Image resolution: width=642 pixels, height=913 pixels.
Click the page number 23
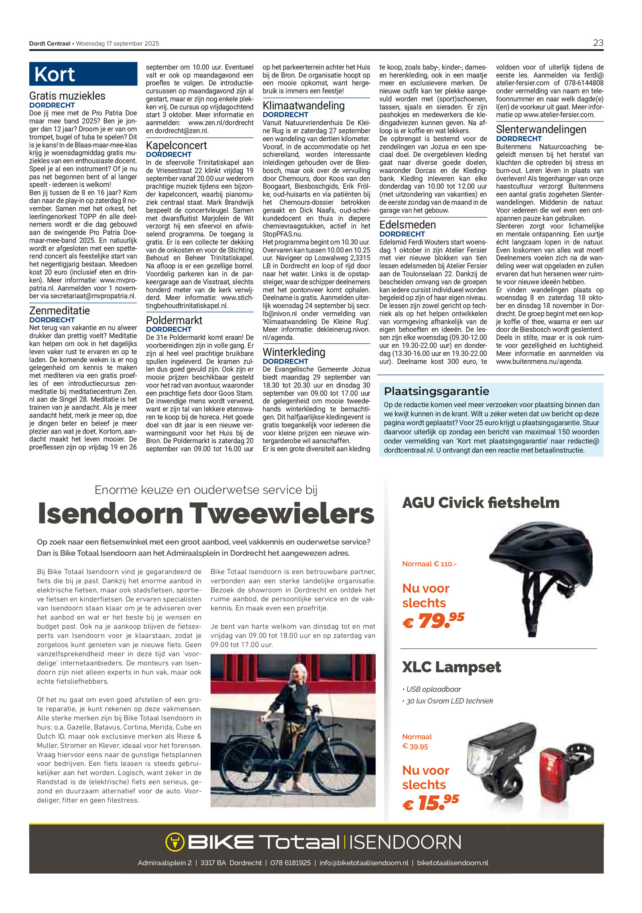597,43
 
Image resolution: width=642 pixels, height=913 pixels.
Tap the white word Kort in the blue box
55,74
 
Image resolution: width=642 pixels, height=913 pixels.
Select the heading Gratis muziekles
67,96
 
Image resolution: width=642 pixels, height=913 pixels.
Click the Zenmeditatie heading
59,310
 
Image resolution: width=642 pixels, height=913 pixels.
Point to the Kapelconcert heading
176,145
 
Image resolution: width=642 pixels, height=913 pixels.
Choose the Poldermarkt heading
174,320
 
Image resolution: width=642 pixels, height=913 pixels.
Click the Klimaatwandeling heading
303,106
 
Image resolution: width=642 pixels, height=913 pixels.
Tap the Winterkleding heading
294,352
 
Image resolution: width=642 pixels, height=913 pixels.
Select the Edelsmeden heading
407,225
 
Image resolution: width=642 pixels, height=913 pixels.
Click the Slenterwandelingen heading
541,130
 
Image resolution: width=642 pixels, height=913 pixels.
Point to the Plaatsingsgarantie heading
436,391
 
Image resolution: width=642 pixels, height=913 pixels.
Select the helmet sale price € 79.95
433,620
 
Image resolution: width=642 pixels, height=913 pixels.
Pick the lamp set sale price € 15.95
431,803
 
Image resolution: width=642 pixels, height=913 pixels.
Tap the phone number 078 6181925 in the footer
290,863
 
